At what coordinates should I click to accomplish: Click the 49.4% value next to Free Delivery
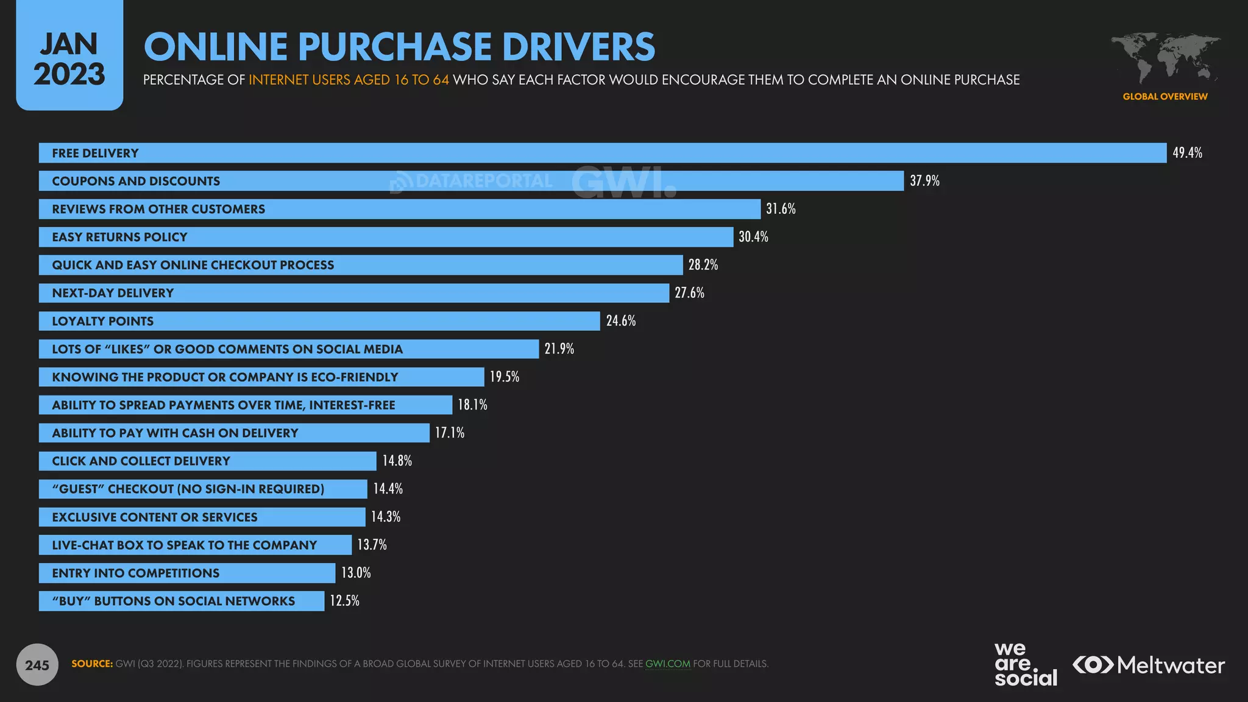point(1187,153)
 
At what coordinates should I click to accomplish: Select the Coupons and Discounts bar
point(470,181)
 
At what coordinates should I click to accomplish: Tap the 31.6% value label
point(781,209)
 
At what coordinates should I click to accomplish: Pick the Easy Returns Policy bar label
point(119,237)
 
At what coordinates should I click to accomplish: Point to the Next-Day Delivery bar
point(353,293)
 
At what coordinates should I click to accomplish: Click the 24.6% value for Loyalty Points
point(620,321)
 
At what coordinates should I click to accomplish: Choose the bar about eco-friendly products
point(261,377)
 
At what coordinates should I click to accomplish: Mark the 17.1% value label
point(450,433)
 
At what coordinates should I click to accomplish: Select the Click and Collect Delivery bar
point(207,461)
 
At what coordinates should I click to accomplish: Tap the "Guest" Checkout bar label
point(188,489)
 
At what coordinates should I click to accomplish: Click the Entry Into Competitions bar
point(186,573)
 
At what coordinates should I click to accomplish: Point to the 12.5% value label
point(344,601)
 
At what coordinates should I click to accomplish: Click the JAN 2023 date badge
point(69,58)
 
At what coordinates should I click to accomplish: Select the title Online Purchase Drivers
point(399,47)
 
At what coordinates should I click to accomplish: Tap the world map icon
point(1165,58)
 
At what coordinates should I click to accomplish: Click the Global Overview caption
point(1165,96)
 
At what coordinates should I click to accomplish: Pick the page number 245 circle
point(37,665)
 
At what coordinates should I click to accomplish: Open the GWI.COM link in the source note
point(667,664)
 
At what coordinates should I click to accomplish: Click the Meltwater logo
point(1149,665)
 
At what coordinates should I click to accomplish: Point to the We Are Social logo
point(1026,664)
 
